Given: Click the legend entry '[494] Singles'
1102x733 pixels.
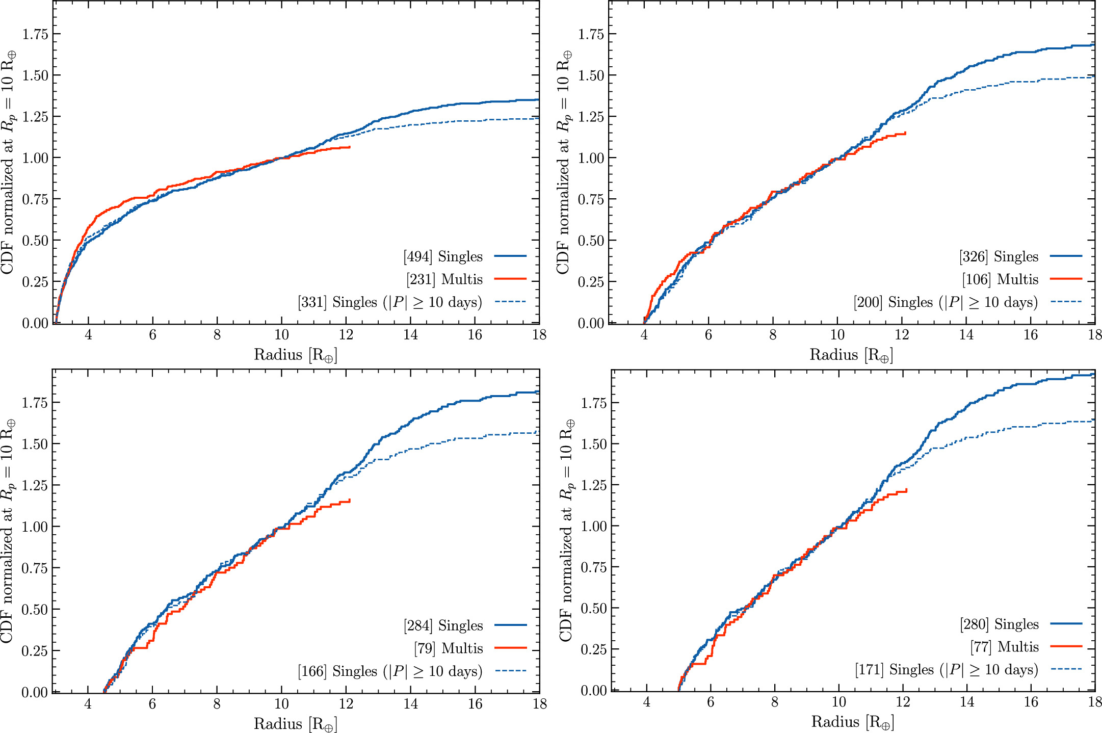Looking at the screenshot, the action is coord(443,256).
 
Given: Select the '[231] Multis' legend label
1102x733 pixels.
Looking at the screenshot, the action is coord(444,279).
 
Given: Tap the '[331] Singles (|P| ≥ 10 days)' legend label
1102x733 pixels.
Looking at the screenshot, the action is coord(390,302).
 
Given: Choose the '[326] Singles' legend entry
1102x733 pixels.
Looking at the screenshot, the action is coord(999,256).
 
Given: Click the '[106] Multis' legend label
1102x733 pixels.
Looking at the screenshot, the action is coord(1000,279).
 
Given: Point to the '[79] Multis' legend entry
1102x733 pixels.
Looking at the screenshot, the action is coord(449,648).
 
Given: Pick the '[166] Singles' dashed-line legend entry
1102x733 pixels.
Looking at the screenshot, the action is coord(390,671).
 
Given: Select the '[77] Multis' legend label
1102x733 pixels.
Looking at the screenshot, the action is coord(1005,647).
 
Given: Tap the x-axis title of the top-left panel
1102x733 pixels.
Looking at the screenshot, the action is coord(296,355).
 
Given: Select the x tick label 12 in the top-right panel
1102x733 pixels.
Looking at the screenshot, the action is coord(902,335).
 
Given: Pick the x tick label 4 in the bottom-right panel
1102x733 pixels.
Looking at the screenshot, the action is coord(647,702).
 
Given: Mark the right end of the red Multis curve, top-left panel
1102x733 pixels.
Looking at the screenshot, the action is coord(350,147).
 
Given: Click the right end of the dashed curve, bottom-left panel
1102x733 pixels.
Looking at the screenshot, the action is coord(539,432).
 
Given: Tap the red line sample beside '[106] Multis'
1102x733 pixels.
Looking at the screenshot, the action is coord(1066,279).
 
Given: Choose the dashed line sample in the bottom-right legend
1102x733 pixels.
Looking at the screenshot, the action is coord(1066,669).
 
